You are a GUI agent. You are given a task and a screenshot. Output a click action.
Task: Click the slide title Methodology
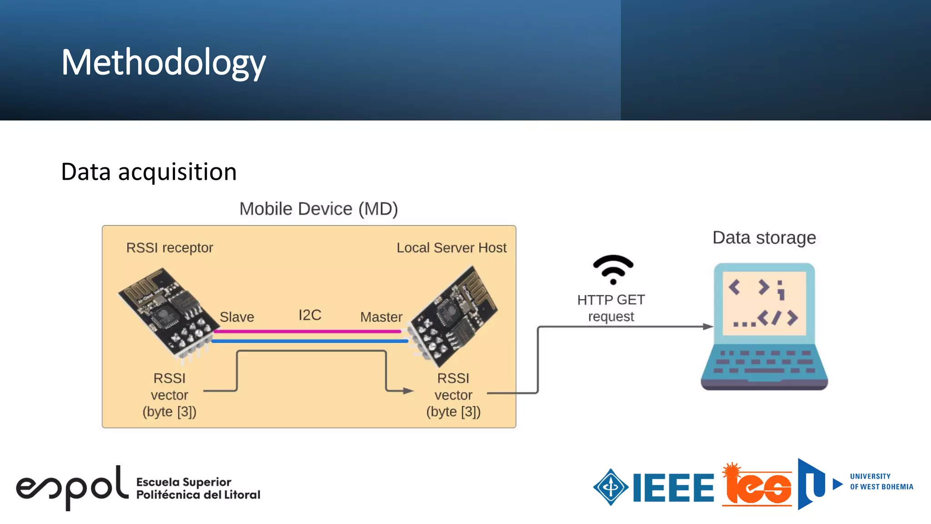click(163, 62)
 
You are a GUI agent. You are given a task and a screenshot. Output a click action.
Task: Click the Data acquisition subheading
click(149, 172)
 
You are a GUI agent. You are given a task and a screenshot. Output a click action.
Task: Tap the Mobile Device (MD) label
click(318, 209)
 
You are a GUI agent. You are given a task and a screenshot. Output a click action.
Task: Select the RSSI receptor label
click(169, 248)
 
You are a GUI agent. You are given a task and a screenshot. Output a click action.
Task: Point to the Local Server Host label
click(451, 248)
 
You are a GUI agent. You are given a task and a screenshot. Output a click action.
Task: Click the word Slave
click(236, 317)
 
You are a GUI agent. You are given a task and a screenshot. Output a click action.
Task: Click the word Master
click(381, 317)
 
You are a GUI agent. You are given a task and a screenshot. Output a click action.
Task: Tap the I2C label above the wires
click(310, 315)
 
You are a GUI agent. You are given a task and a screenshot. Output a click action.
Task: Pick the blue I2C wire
click(309, 341)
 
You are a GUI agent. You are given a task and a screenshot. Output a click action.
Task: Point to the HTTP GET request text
click(611, 308)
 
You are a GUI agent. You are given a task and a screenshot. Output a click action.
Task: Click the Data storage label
click(764, 237)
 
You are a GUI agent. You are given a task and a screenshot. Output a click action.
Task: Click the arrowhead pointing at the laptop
click(708, 327)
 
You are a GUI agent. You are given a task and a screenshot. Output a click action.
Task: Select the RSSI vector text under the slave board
click(169, 395)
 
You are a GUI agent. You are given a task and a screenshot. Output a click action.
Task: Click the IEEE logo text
click(673, 488)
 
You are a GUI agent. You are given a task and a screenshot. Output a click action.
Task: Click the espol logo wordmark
click(72, 488)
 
